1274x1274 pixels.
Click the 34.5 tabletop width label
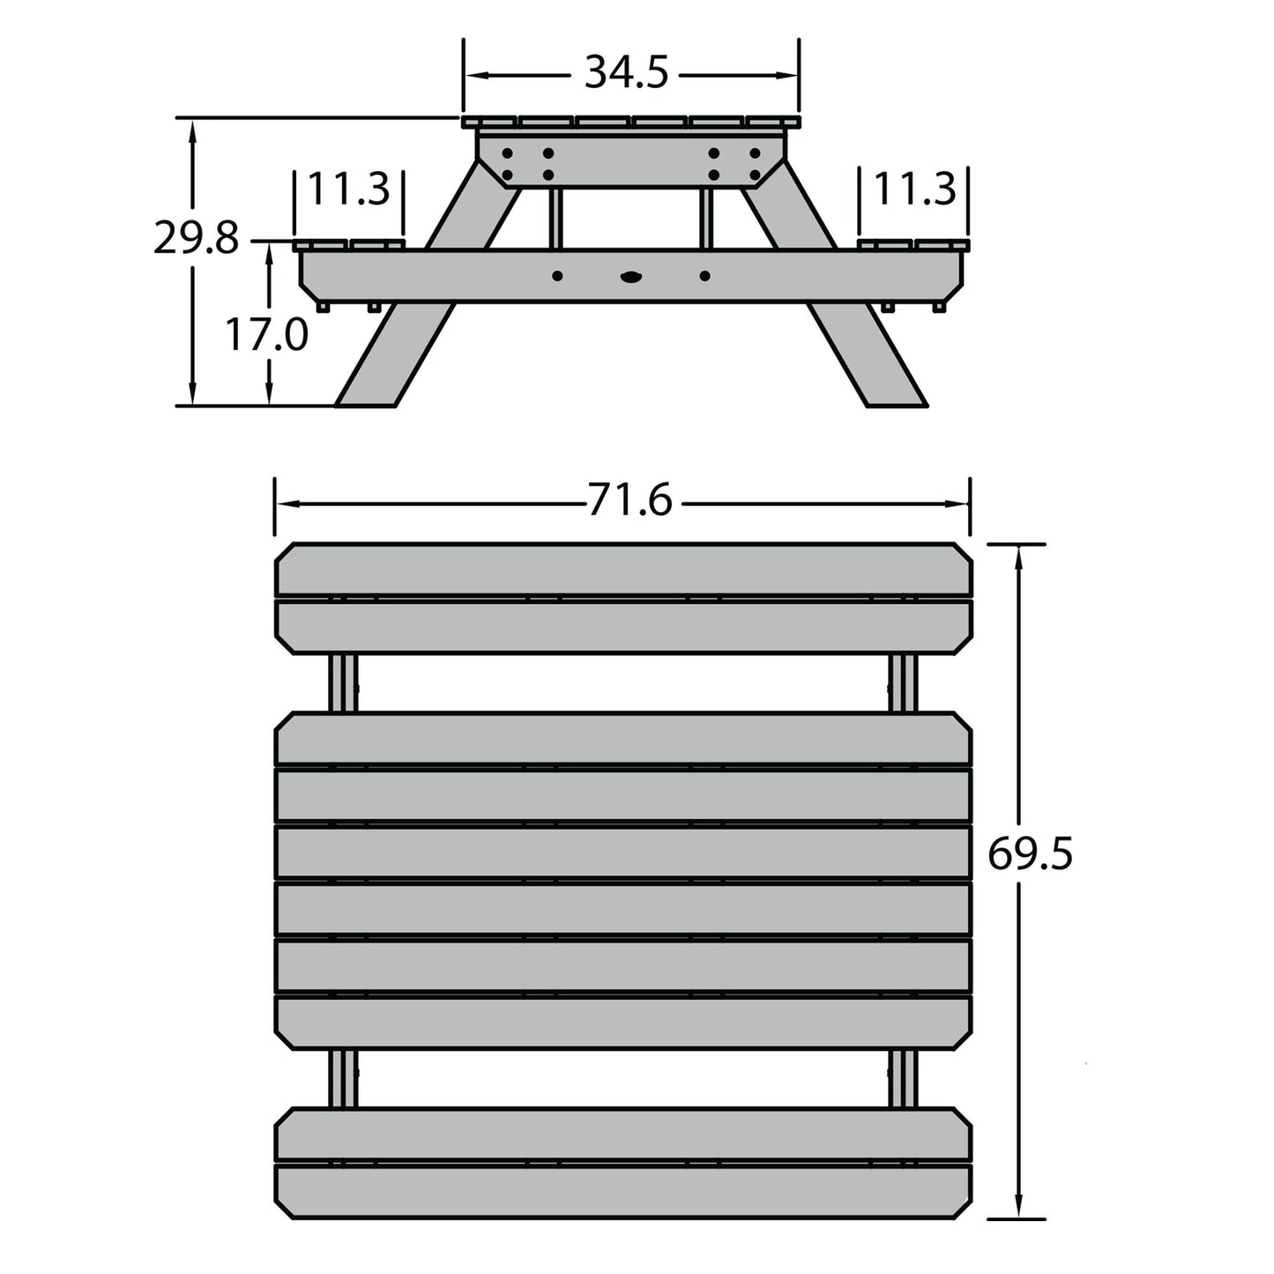627,73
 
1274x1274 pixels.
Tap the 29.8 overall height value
196,238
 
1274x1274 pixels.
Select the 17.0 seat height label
266,336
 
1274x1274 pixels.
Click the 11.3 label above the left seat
348,190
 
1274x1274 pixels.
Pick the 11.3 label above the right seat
914,190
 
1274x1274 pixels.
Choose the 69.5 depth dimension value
1029,854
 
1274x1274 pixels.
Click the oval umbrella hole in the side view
631,277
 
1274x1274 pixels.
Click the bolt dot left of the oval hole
557,276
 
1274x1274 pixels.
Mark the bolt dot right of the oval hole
704,276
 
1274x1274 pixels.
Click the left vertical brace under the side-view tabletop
555,219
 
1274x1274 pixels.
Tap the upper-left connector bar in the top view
344,683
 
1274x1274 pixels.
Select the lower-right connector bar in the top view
903,1078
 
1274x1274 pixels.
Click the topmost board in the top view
623,570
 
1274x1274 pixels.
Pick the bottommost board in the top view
623,1192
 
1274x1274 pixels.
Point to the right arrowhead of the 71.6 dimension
961,504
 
